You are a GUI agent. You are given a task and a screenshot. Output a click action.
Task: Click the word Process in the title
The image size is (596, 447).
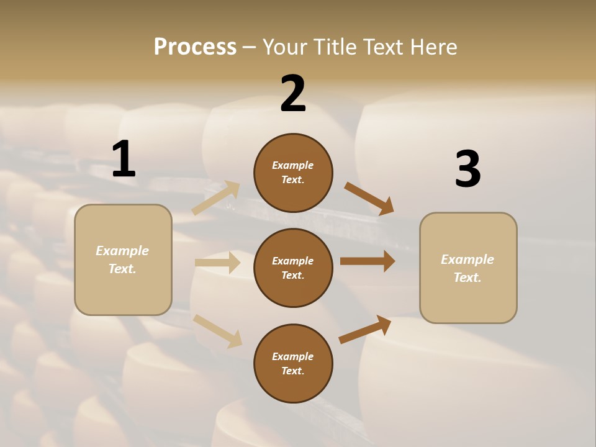click(x=195, y=47)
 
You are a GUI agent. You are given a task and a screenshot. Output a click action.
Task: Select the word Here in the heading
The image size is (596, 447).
click(x=430, y=47)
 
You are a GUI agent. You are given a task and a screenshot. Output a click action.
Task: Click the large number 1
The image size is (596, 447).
click(x=124, y=160)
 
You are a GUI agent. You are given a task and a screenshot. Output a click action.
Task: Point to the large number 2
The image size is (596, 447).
click(x=293, y=94)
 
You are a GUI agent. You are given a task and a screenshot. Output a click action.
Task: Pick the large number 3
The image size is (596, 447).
click(x=467, y=169)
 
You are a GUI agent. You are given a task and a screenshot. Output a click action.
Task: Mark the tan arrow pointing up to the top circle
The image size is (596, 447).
click(x=215, y=198)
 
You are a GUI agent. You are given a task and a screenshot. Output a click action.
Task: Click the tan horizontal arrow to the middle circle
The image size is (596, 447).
click(x=217, y=263)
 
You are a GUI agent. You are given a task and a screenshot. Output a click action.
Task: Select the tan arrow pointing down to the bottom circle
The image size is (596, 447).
click(x=217, y=331)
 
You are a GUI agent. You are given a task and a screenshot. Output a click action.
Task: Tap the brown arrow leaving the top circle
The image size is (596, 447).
click(x=369, y=198)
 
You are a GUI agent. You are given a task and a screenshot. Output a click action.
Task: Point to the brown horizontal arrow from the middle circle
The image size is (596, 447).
click(x=368, y=261)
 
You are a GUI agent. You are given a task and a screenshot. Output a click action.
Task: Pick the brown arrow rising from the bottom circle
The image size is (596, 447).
click(x=365, y=330)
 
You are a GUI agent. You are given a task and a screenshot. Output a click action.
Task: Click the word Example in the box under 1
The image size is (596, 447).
click(x=122, y=251)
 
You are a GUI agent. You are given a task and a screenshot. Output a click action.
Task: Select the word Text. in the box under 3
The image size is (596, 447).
click(x=467, y=278)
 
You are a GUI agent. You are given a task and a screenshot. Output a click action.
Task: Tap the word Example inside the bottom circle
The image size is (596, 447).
click(x=292, y=356)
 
